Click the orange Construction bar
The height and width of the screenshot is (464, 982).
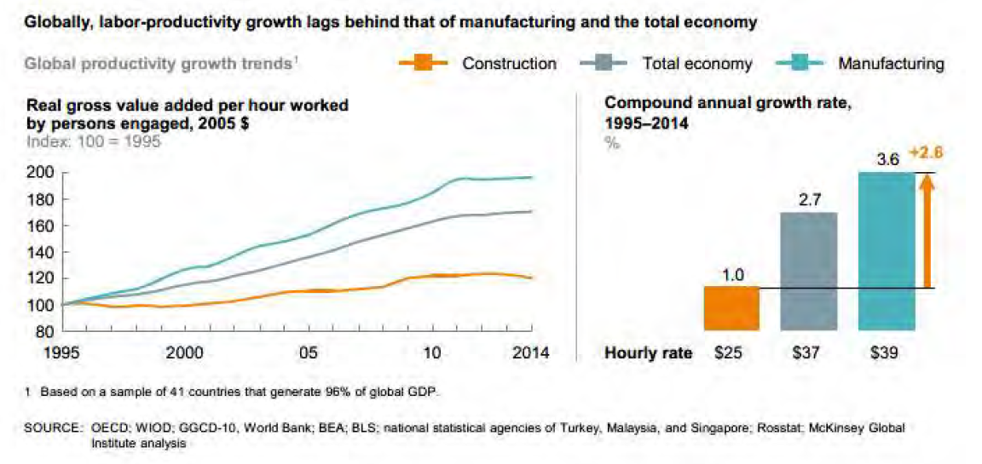[x=731, y=307]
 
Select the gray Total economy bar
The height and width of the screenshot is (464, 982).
[x=808, y=271]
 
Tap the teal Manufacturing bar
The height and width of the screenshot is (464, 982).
[x=886, y=250]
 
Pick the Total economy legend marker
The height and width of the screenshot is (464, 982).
[x=604, y=64]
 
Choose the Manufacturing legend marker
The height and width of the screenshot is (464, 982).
[x=800, y=64]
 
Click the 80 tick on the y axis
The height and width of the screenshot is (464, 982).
[x=44, y=331]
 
